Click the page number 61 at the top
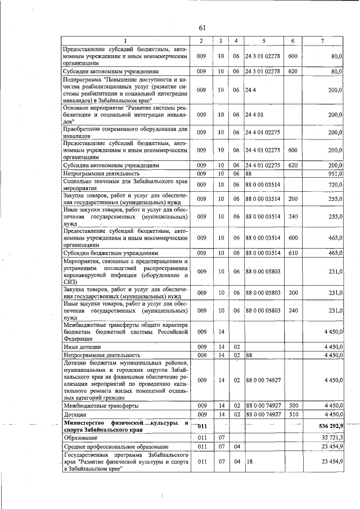(202, 29)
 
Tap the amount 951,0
(335, 174)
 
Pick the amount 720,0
(335, 185)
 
